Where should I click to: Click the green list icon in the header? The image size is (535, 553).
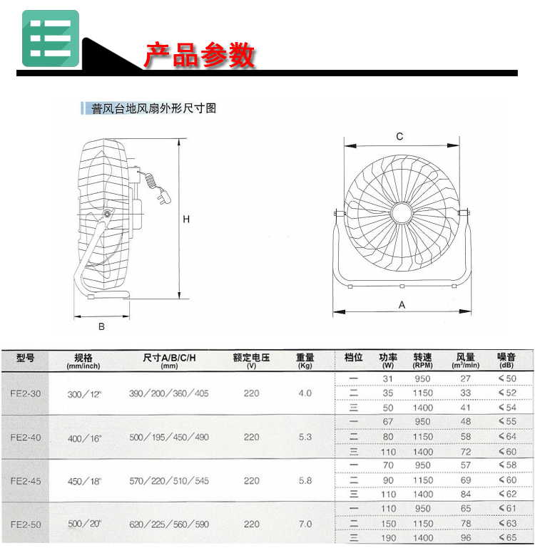pyautogui.click(x=51, y=38)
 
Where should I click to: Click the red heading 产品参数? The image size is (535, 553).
pyautogui.click(x=200, y=55)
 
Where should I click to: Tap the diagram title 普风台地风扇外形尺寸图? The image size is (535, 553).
pyautogui.click(x=153, y=108)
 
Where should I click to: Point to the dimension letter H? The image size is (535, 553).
pyautogui.click(x=186, y=219)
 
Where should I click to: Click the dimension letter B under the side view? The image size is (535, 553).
pyautogui.click(x=101, y=326)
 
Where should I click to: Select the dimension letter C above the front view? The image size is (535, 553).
pyautogui.click(x=399, y=137)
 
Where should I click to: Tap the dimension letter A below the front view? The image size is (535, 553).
pyautogui.click(x=402, y=305)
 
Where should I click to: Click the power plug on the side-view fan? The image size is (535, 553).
pyautogui.click(x=164, y=196)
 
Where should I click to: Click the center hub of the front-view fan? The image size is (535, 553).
pyautogui.click(x=402, y=212)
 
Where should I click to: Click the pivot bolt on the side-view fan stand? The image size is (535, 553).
pyautogui.click(x=107, y=213)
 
